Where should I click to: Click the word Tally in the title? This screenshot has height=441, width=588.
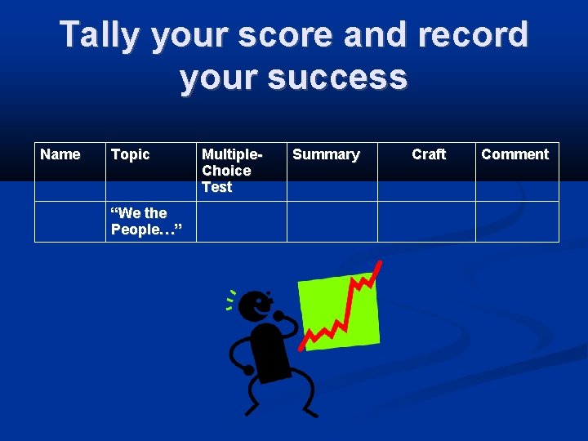point(104,34)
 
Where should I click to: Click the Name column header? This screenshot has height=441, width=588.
point(60,154)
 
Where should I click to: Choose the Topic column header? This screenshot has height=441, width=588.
point(131,154)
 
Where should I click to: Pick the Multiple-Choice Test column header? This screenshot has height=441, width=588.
point(232,170)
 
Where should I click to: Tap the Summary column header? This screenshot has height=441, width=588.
point(326,154)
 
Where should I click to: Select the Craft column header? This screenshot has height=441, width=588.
point(429,154)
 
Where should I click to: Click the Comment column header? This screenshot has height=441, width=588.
point(515,154)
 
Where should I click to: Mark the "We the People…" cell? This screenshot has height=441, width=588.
point(140,221)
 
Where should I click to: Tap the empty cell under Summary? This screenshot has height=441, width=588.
point(332,221)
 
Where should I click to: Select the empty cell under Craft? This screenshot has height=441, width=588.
point(426,221)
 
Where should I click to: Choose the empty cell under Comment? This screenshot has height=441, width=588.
point(517,221)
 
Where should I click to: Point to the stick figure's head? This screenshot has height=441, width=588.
point(257,308)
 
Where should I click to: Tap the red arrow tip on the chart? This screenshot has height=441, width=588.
point(378,265)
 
